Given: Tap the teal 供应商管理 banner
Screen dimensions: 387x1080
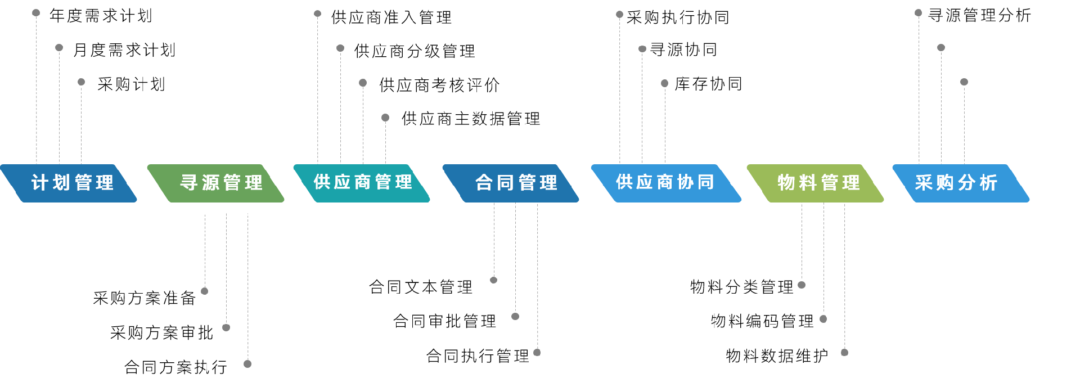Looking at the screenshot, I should point(363,183).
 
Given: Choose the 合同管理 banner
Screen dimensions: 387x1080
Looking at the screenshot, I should point(515,183).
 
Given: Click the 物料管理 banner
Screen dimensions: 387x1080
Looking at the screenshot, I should point(818,183).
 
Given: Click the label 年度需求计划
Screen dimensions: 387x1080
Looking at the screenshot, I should point(101,16).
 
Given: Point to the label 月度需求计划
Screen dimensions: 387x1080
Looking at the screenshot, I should point(124,50).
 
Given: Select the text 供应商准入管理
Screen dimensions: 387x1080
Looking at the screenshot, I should point(391,17).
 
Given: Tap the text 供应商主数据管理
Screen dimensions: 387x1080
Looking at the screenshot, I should point(471,119).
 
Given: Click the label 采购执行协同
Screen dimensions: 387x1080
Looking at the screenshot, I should point(678,17).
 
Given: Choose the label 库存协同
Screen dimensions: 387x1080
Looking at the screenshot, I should point(708,84).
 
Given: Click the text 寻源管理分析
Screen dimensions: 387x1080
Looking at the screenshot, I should point(979,15).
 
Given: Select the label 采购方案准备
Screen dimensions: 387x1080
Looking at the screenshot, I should point(145,298).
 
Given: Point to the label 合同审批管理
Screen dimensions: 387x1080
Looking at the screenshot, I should point(444,321).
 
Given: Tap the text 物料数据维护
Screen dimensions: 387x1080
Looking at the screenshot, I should point(777,355).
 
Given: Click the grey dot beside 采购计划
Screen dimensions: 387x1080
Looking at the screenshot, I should point(82,82).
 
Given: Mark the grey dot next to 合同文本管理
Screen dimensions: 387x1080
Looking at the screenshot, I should point(494,280).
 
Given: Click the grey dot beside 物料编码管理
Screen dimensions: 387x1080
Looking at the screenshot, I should point(823,319).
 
